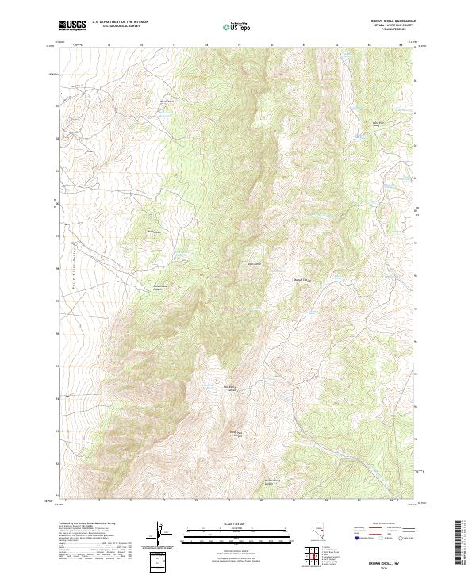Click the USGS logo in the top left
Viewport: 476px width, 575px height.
(x=71, y=25)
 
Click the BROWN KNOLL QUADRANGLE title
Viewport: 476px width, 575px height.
(x=393, y=21)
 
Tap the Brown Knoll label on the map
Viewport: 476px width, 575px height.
(x=167, y=101)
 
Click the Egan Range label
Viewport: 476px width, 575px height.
(x=255, y=263)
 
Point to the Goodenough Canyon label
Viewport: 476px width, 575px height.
(x=161, y=286)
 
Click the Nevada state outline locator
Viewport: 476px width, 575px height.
(x=319, y=533)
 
